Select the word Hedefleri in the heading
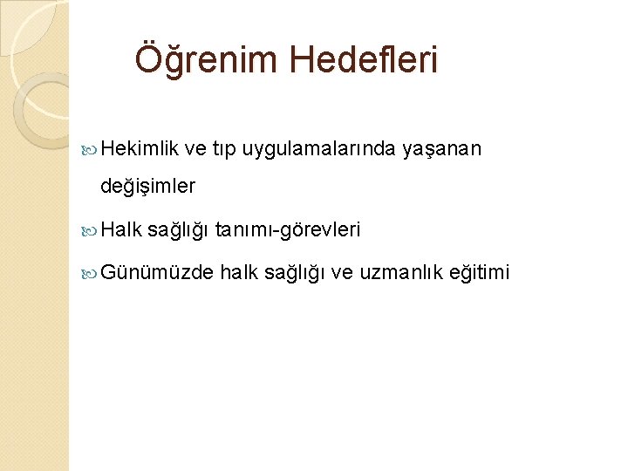point(365,61)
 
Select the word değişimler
point(148,186)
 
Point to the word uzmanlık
point(400,273)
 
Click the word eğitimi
point(479,273)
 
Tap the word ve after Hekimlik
point(219,150)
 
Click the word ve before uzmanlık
point(343,273)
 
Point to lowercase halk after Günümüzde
point(237,273)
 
